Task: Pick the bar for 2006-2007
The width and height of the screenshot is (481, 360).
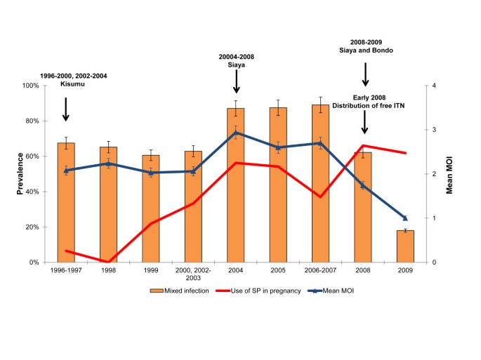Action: pos(320,183)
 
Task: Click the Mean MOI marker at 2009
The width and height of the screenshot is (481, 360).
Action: pos(405,218)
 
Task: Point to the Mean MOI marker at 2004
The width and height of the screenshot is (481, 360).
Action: pos(235,133)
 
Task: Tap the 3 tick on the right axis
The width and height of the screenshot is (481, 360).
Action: pos(434,130)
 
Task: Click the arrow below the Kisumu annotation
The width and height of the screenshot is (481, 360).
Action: pos(65,109)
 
